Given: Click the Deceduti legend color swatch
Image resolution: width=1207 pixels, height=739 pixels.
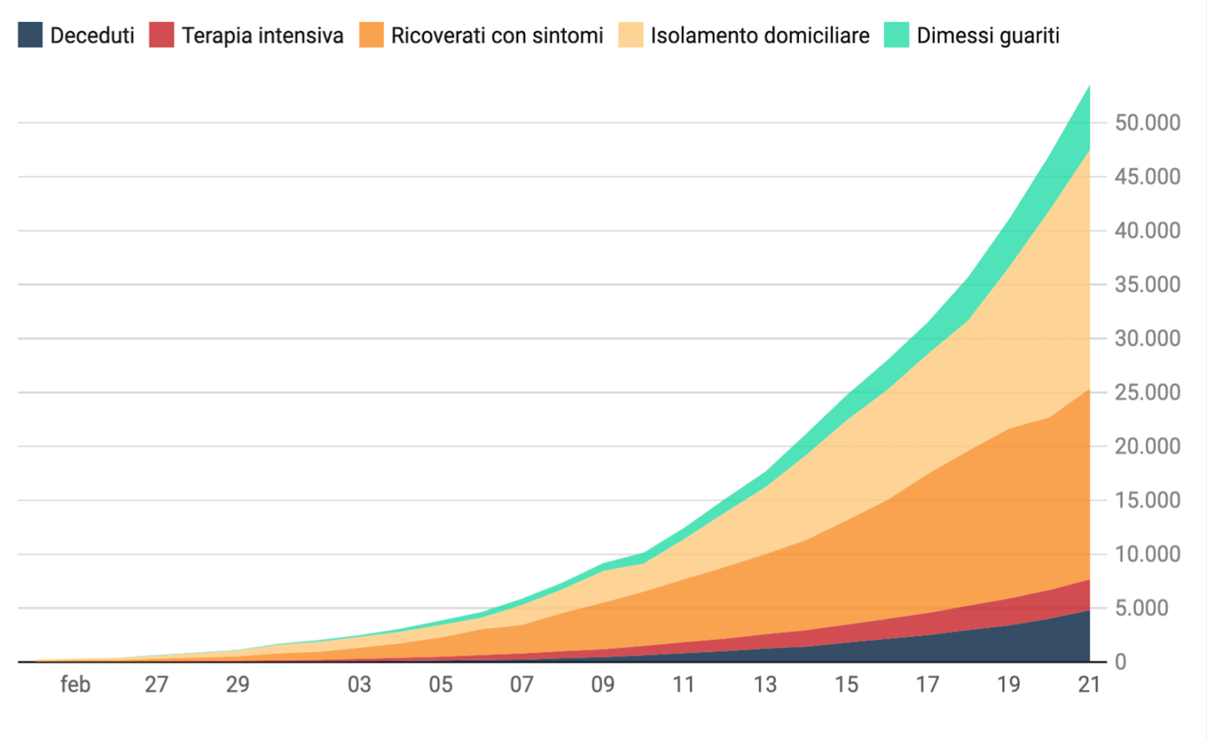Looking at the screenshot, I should [x=30, y=35].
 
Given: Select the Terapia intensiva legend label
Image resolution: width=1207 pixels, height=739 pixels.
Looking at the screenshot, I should [x=262, y=35].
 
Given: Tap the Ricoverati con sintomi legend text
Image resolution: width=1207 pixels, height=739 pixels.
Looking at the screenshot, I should [x=496, y=35].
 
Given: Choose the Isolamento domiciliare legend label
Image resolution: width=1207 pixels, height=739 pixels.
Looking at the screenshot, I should [x=759, y=35].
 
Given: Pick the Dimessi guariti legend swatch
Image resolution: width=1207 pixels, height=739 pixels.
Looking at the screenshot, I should [x=896, y=35].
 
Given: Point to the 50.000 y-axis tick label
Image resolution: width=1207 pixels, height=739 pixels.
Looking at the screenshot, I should [x=1147, y=123].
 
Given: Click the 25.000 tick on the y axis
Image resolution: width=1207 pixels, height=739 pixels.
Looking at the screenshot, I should [x=1147, y=393].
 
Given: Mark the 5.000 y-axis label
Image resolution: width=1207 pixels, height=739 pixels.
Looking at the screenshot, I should [x=1141, y=608].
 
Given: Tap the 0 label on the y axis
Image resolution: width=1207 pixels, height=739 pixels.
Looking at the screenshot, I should [x=1120, y=662].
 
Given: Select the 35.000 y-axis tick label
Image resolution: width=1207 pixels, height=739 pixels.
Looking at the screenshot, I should [x=1147, y=285].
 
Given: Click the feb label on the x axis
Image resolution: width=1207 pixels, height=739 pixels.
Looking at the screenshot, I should [x=75, y=685].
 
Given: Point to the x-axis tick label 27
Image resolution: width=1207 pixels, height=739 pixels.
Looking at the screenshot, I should [x=156, y=685].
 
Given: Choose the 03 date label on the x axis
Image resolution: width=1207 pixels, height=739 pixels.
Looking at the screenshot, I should [x=359, y=685].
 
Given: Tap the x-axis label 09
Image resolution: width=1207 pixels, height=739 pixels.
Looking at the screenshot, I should [x=603, y=685].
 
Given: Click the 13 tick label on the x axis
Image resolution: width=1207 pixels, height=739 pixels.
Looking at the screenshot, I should [x=765, y=685].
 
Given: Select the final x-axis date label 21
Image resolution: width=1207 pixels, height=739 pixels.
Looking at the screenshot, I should [x=1089, y=685].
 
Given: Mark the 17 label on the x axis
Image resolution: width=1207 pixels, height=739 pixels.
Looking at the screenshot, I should [x=927, y=685].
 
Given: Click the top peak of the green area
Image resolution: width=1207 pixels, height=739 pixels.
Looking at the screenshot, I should [x=1089, y=87].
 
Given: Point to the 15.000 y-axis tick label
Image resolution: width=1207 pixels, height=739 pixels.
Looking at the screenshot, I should [x=1147, y=501].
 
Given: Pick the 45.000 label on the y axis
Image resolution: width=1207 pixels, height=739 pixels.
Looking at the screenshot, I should [x=1147, y=177].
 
